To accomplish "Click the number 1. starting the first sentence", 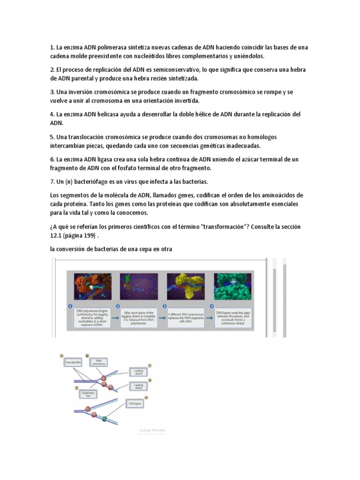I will (52, 48).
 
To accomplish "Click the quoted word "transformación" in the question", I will (226, 227).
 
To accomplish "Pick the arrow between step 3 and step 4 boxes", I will (209, 317).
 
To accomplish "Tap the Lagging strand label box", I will (139, 386).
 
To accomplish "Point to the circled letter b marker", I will (87, 356).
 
